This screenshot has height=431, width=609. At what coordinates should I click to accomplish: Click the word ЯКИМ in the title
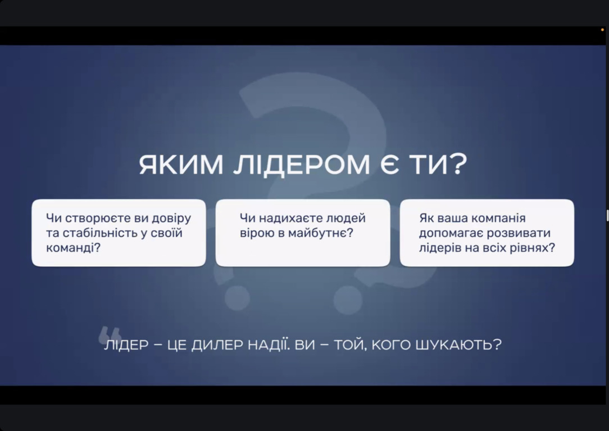(x=181, y=164)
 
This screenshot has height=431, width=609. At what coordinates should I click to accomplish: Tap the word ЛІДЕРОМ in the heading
(x=301, y=165)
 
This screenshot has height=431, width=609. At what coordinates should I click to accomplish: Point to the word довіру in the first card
(x=171, y=218)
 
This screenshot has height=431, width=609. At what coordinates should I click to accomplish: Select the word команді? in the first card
(x=74, y=247)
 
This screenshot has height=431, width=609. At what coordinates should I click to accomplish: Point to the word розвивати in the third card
(x=519, y=233)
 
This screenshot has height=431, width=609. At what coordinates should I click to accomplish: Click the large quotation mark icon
(x=110, y=334)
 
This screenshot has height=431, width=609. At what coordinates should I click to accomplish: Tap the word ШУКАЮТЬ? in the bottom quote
(x=458, y=345)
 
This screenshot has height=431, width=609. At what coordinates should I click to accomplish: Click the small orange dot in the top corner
(x=602, y=30)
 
